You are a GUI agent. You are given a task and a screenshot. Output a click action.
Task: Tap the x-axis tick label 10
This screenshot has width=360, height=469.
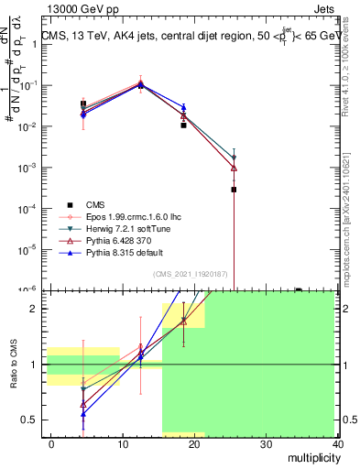pyautogui.click(x=123, y=443)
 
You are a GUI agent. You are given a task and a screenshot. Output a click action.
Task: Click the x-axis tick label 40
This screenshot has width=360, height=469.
pyautogui.click(x=338, y=443)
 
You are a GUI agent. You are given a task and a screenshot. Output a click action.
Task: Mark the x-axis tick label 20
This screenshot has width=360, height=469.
pyautogui.click(x=194, y=443)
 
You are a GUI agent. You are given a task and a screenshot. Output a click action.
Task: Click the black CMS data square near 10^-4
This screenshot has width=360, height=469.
pyautogui.click(x=234, y=190)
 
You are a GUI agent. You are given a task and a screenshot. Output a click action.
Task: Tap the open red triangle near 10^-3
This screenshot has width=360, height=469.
pyautogui.click(x=234, y=168)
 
